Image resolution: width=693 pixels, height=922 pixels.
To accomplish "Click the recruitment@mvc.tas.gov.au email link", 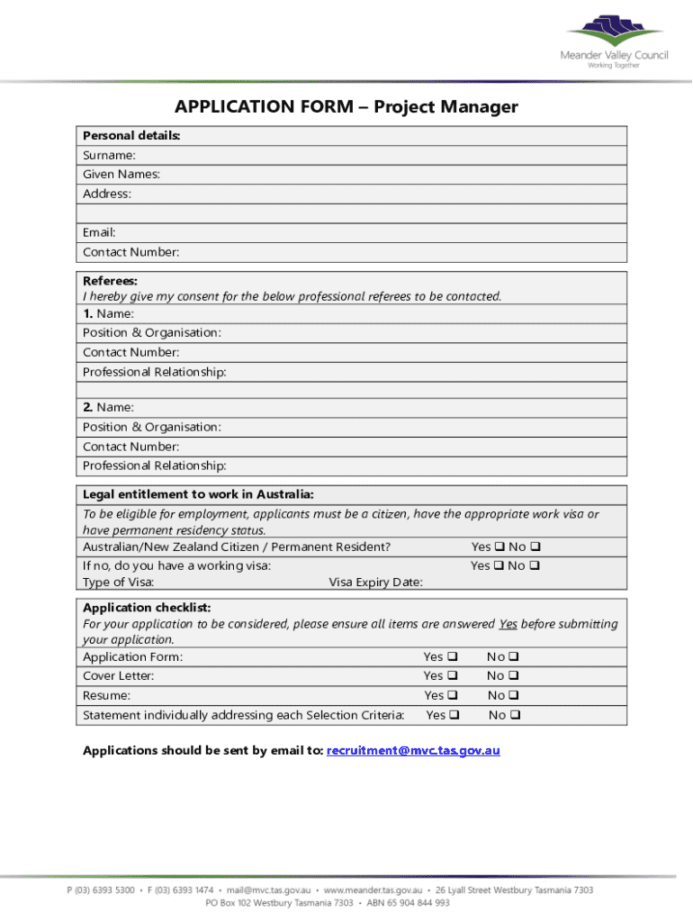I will point(413,750).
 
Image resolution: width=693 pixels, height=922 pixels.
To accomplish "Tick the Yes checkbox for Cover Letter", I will point(453,675).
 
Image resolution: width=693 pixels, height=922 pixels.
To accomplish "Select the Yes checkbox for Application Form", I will point(453,656).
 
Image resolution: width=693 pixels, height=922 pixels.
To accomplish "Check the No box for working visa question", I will point(535,565).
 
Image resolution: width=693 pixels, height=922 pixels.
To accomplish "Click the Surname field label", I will point(110,155).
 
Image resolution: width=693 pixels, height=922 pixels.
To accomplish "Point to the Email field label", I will point(99,232).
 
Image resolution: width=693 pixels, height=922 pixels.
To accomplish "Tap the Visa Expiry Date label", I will point(375,583).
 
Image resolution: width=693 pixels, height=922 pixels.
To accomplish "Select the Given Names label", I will point(122,175).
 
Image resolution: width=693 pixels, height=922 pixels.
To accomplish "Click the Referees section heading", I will point(110,281).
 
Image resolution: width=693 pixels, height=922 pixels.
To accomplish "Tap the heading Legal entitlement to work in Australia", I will point(198,494).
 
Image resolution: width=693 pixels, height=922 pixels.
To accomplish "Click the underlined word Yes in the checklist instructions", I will point(508,624).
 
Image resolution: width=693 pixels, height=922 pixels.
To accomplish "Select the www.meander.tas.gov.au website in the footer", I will point(373,890).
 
